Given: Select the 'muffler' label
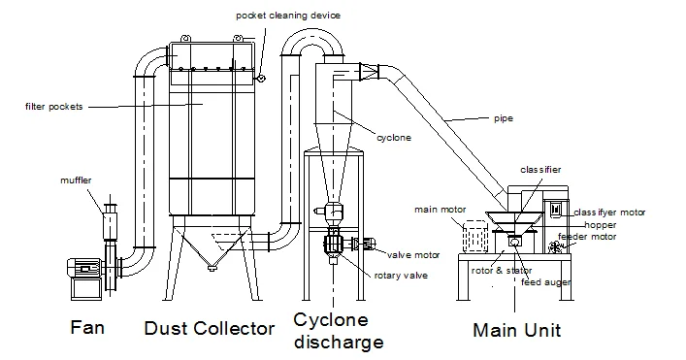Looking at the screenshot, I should [75, 180].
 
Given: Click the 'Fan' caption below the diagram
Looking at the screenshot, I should [86, 328].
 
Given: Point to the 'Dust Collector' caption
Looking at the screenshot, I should [209, 329].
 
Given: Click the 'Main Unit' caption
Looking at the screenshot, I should [516, 330].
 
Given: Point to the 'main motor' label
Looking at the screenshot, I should [439, 209].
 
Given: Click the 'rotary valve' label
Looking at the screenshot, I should [401, 275].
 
